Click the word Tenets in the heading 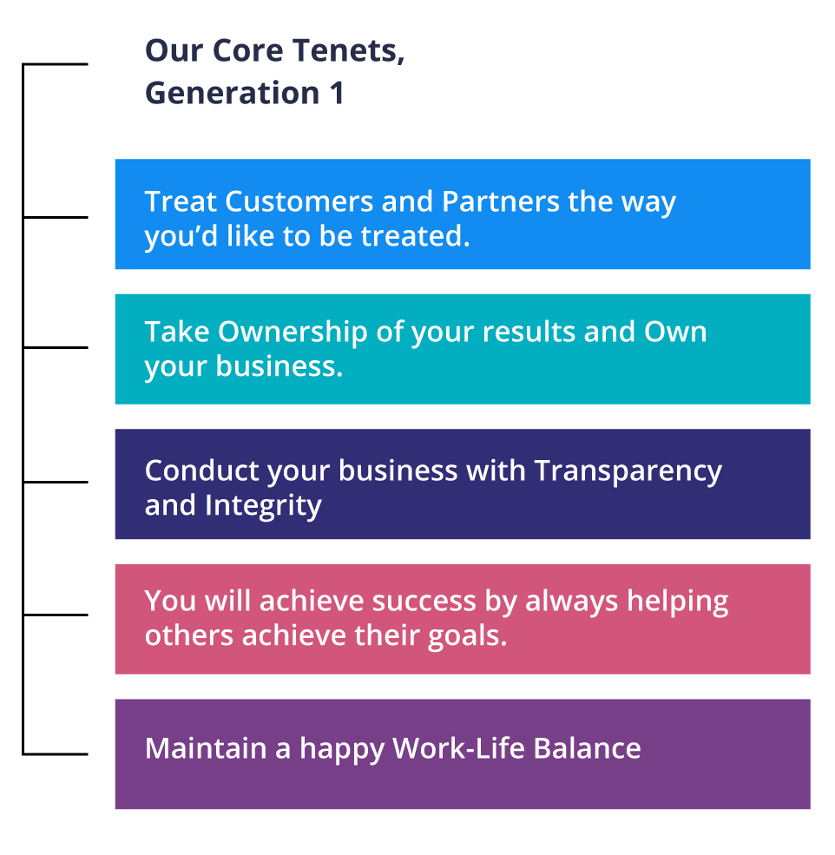pos(349,50)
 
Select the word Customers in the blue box pos(299,201)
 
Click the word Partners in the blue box pos(501,201)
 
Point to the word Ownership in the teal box pos(293,332)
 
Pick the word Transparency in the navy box pos(628,471)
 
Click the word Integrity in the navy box pos(263,506)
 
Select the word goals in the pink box pos(467,636)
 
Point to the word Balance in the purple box pos(587,748)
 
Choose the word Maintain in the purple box pos(206,748)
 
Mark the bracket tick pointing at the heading pos(55,64)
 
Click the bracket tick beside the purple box pos(55,754)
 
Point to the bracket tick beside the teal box pos(55,347)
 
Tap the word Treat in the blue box pos(181,201)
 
